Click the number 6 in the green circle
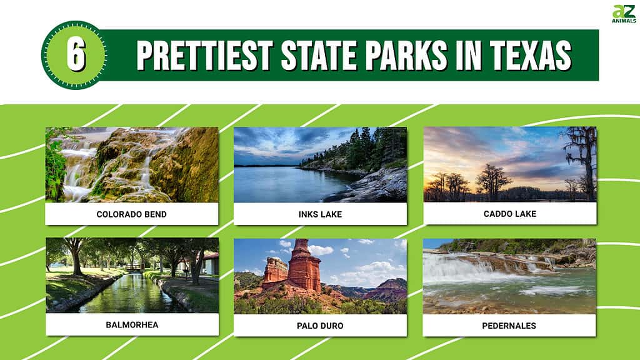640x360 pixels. pos(76,55)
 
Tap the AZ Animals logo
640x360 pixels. pos(624,14)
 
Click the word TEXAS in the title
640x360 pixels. pos(530,56)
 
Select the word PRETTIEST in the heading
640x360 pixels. pos(204,56)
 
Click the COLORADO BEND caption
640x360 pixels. pos(131,214)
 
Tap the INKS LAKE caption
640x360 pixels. pos(320,214)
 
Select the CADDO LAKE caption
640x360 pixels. pos(510,214)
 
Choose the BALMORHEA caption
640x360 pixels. pos(132,325)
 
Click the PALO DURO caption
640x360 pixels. pos(320,326)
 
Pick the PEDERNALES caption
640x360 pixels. pos(509,326)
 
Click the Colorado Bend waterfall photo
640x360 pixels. pos(132,164)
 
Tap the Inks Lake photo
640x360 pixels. pos(321,164)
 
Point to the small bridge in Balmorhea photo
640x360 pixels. pos(134,267)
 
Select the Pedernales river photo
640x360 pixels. pos(509,276)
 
